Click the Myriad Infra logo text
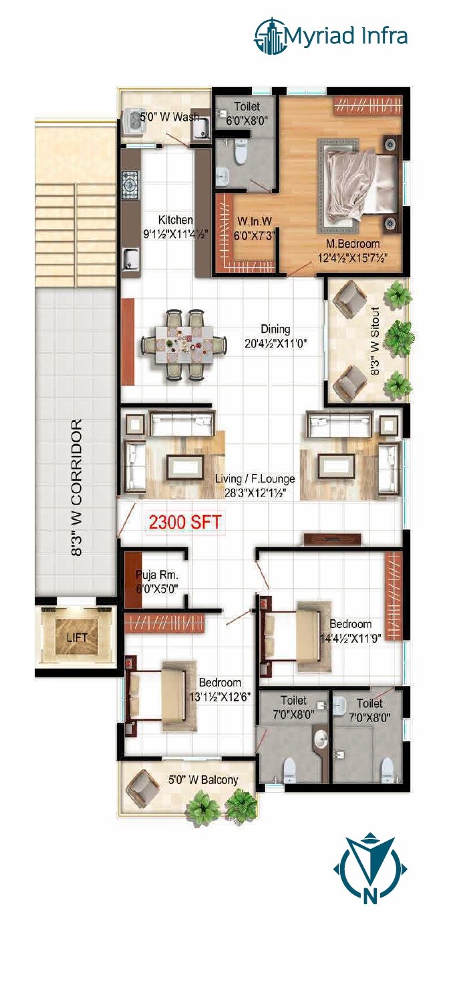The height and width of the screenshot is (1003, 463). point(346,35)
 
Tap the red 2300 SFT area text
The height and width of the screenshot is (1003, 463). point(184,523)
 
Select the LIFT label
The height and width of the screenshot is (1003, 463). point(77,637)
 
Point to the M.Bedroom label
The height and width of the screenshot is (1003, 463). point(353,244)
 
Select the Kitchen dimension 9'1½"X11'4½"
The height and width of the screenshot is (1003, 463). point(176,234)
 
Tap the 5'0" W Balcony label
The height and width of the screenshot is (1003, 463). point(203,779)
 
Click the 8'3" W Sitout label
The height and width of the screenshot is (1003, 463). point(375,342)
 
